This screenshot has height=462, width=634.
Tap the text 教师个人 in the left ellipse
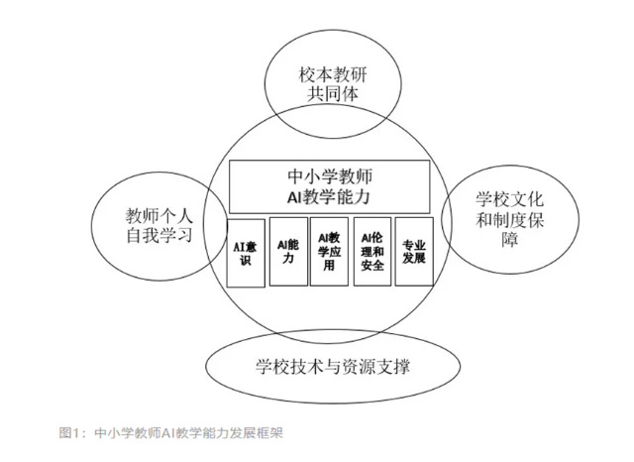[x=158, y=215]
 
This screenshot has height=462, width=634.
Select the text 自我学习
[x=158, y=237]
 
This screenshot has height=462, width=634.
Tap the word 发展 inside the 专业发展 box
[x=413, y=259]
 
